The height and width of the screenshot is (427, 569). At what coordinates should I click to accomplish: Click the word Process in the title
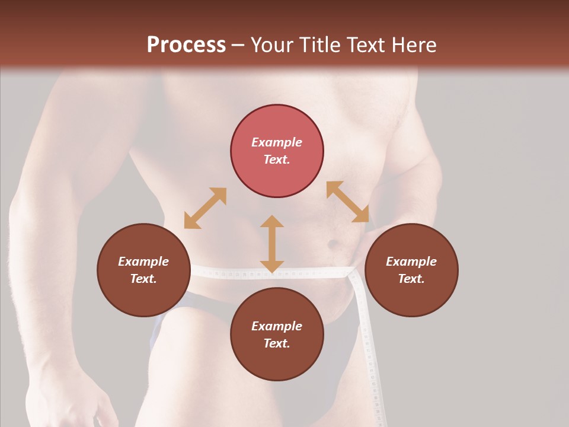point(186,45)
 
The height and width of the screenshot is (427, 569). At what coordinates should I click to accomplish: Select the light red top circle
point(277,151)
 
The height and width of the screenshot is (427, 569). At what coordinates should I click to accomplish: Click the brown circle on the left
point(143,270)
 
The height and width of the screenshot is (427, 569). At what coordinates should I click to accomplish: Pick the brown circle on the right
point(411,270)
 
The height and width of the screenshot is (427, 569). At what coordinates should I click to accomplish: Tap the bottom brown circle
point(277,334)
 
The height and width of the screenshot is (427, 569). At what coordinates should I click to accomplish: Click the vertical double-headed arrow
point(272,244)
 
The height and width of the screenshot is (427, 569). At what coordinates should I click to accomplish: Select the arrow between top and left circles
point(205,208)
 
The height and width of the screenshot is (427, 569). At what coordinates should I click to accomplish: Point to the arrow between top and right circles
point(347,202)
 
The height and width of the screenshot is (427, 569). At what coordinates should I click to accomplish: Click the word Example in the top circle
point(277,142)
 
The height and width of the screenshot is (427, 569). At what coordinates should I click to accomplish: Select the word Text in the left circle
point(143,279)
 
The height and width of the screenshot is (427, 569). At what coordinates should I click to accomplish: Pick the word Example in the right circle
point(411,262)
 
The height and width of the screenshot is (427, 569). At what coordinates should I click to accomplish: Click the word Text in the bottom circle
point(277,343)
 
